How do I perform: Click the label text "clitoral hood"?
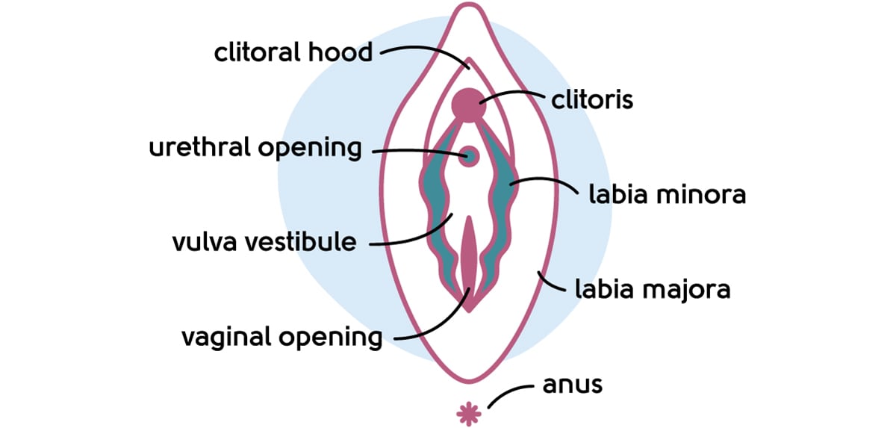tap(293, 52)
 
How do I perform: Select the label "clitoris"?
tap(591, 99)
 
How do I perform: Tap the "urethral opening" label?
tap(255, 147)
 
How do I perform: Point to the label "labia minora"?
tap(667, 195)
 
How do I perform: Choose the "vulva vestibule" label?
tap(264, 243)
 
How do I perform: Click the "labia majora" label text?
tap(651, 289)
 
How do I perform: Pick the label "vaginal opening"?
tap(281, 337)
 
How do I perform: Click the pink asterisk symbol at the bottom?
tap(468, 412)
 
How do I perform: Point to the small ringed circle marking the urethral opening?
tap(470, 156)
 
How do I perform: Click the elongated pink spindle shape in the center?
tap(469, 258)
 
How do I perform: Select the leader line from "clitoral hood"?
tap(426, 51)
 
